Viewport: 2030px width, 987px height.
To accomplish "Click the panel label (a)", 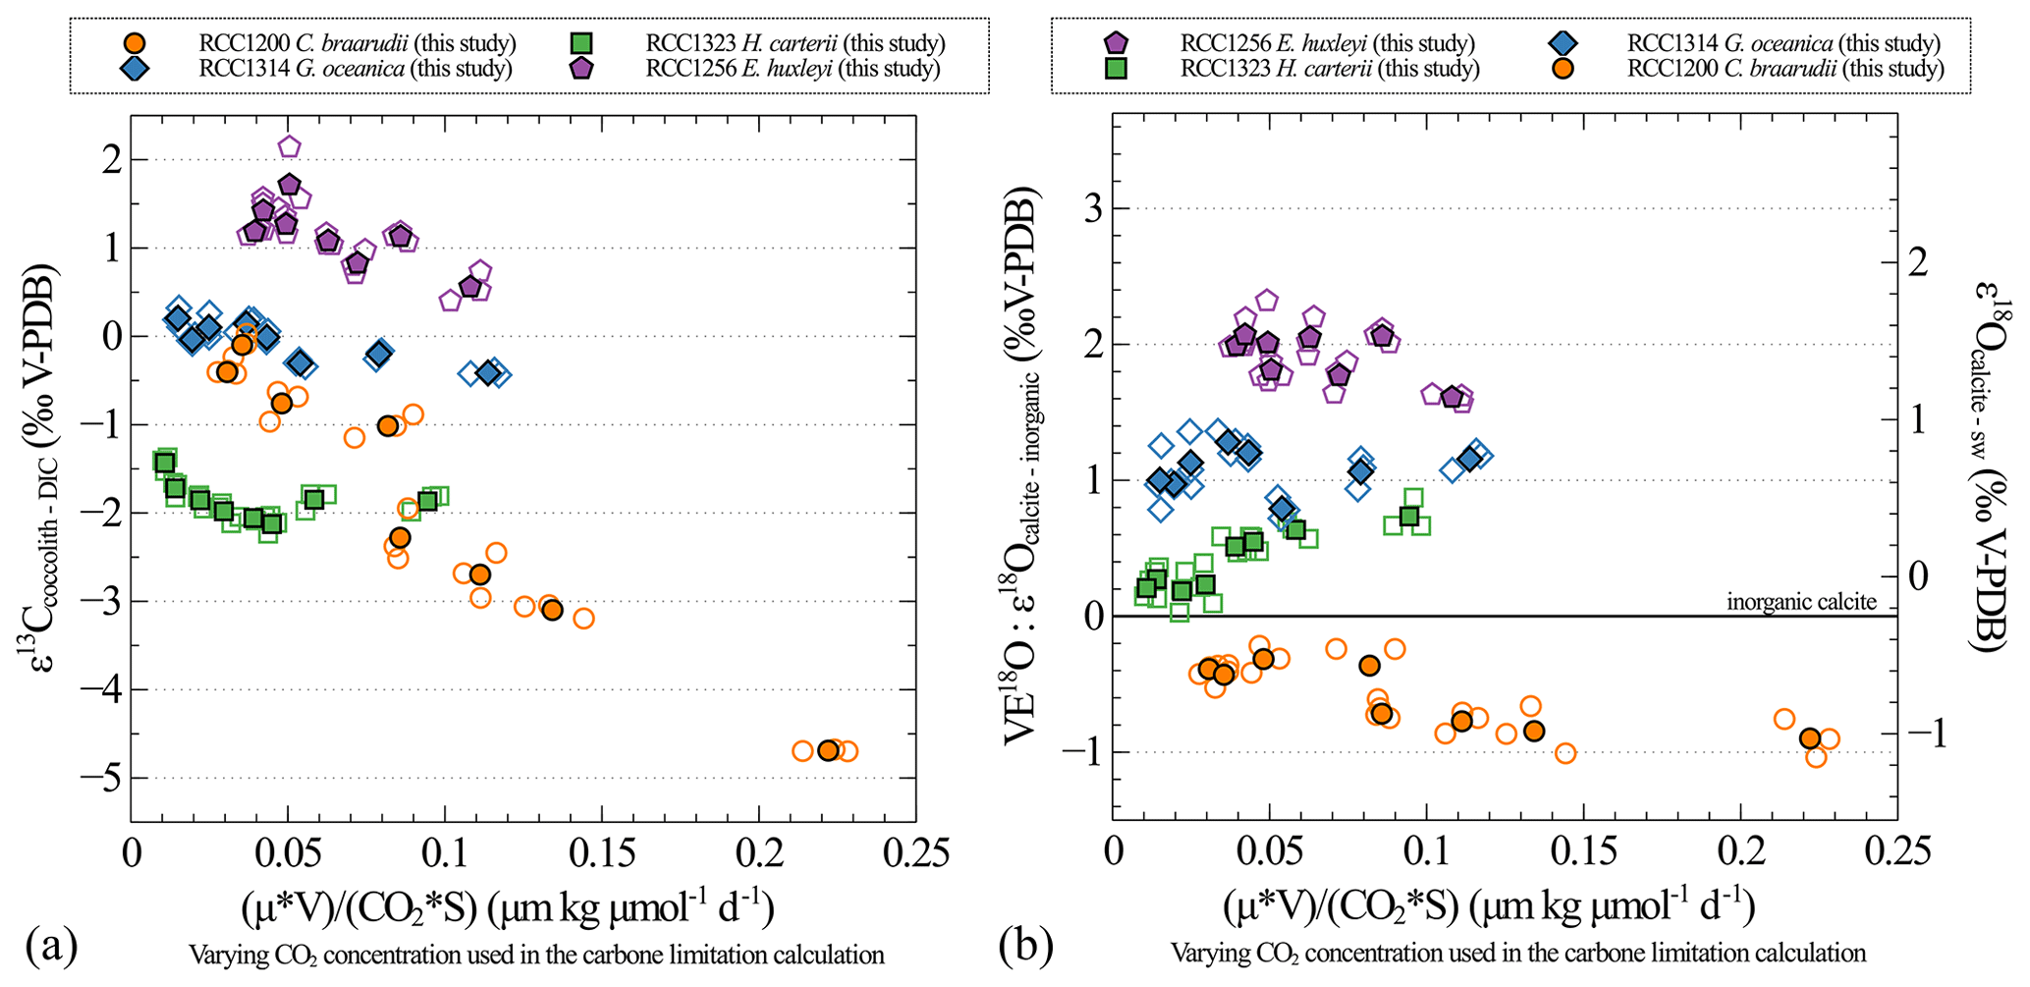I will tap(51, 947).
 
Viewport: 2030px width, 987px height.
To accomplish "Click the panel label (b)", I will tap(1025, 947).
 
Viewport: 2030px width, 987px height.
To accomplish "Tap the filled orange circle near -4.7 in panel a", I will tap(828, 750).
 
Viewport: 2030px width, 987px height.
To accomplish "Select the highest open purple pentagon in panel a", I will tap(289, 146).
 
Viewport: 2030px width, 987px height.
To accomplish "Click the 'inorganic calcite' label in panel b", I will tap(1801, 602).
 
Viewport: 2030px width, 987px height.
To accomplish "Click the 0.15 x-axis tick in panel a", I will tap(602, 852).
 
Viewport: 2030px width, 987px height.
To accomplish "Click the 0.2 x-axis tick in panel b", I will tap(1740, 852).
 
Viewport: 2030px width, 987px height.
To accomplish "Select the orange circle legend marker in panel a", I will tap(135, 43).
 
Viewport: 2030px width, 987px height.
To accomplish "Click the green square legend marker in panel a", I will tap(581, 43).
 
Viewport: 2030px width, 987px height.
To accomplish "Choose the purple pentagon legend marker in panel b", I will tap(1117, 43).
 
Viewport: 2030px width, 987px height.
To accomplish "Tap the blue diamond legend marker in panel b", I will tap(1564, 43).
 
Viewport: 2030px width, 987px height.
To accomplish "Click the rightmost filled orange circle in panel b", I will tap(1810, 739).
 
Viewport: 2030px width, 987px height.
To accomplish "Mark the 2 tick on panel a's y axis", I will tap(111, 159).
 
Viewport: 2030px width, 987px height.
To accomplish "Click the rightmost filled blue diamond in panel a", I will tap(488, 372).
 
